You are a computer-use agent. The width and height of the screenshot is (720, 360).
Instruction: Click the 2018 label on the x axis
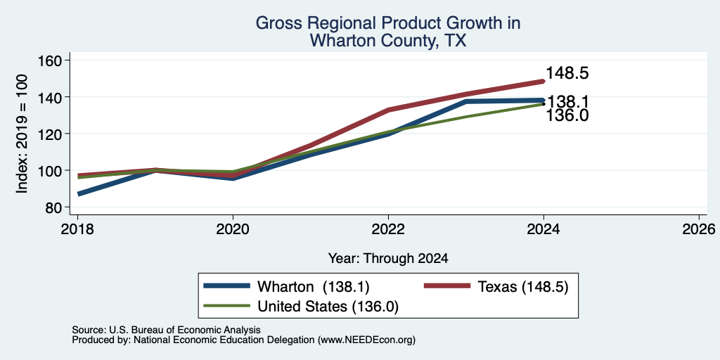(77, 229)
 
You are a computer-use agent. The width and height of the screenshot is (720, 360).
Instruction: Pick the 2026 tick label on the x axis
(699, 229)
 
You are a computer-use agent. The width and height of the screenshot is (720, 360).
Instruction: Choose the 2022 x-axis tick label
(388, 229)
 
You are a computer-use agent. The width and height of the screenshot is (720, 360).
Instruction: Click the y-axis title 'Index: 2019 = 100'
(22, 134)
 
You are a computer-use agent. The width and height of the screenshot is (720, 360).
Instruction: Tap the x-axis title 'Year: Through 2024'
(388, 259)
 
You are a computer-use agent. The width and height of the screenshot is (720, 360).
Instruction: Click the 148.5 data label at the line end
(567, 73)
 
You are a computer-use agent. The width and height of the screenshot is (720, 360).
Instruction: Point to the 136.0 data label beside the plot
(567, 116)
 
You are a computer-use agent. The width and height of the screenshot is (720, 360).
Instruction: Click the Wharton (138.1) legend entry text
(314, 287)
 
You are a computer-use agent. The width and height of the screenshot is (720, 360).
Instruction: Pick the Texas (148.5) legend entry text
(523, 287)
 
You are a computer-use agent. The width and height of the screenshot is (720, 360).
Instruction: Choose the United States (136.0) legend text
(328, 307)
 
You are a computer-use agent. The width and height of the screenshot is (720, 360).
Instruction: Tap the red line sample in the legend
(446, 286)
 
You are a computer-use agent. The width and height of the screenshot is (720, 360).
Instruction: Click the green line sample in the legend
(227, 306)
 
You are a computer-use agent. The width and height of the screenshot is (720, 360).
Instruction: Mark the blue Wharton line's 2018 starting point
(78, 194)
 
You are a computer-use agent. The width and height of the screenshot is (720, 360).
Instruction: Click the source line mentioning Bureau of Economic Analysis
(166, 330)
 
